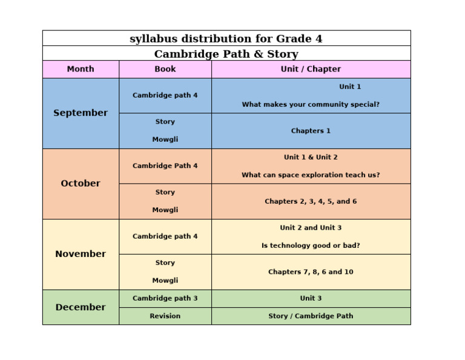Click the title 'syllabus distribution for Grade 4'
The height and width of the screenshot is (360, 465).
tap(226, 39)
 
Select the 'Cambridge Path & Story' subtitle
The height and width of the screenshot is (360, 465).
tap(226, 54)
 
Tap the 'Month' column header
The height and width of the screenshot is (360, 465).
tap(81, 69)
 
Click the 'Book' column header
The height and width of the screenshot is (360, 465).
tap(165, 69)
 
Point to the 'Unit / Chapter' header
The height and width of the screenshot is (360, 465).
tap(311, 69)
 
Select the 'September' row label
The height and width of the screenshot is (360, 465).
tap(81, 113)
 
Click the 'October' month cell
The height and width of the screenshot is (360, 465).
tap(81, 184)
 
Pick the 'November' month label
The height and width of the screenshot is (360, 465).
tap(81, 254)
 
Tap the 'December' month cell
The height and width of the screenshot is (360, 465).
tap(81, 307)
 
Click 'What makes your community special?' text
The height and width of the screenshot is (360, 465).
tap(311, 104)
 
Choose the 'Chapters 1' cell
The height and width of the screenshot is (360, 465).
tap(311, 131)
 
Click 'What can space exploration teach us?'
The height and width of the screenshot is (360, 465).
tap(311, 175)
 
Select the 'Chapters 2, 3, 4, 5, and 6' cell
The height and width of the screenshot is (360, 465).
tap(311, 201)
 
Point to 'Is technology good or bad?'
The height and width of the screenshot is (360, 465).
tap(311, 245)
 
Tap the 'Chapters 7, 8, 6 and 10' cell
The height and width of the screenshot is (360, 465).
tap(311, 272)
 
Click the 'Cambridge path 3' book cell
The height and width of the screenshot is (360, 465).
tap(165, 298)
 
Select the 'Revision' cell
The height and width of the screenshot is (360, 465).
tap(165, 316)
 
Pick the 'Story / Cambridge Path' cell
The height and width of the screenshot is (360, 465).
tap(311, 316)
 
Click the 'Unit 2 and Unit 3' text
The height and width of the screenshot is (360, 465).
tap(311, 228)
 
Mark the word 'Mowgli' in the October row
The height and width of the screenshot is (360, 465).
tap(165, 210)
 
